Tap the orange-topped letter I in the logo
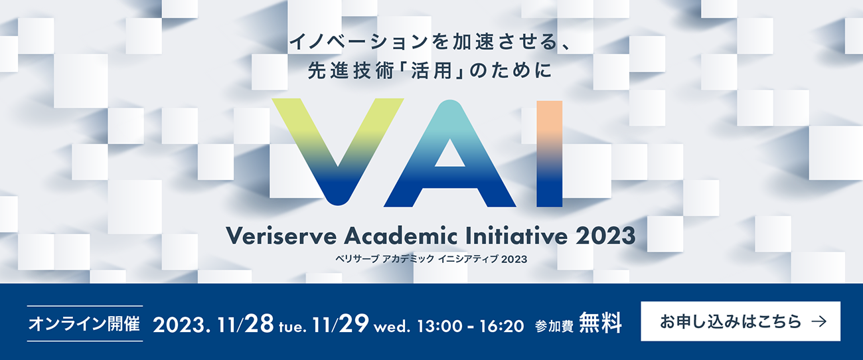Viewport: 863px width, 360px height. click(x=550, y=154)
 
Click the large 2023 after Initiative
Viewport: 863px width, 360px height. click(x=605, y=236)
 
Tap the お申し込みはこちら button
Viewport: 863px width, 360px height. click(x=740, y=321)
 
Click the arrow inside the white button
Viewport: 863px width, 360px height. click(x=819, y=321)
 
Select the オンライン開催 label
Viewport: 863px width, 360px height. click(x=84, y=323)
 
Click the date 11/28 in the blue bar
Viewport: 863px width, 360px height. click(x=246, y=323)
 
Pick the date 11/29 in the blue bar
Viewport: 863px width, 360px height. click(x=341, y=323)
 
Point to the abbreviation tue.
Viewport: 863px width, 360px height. click(x=292, y=327)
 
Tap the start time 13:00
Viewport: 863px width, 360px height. click(x=440, y=326)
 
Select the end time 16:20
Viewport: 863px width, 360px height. click(x=502, y=326)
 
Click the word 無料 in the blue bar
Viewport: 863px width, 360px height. click(x=600, y=323)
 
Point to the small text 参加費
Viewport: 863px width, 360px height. click(x=554, y=326)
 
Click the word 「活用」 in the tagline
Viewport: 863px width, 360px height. click(x=432, y=71)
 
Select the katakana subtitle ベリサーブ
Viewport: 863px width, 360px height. click(x=357, y=259)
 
